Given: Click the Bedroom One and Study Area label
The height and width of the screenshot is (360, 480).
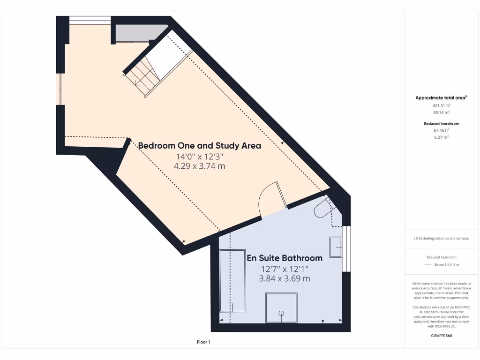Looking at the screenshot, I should [x=199, y=146].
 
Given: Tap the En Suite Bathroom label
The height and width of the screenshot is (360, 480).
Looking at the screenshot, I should [x=285, y=258].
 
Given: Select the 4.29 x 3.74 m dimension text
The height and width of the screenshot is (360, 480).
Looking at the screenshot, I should [x=199, y=166].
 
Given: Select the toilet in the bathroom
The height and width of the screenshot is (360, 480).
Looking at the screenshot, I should [x=322, y=208].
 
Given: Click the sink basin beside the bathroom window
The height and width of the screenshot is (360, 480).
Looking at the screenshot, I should [x=336, y=247].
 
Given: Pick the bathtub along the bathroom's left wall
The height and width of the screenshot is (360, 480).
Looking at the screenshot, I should [x=233, y=280].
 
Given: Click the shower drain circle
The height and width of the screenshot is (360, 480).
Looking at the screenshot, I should [x=281, y=313].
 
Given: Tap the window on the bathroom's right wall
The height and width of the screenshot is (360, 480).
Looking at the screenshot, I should [x=346, y=249].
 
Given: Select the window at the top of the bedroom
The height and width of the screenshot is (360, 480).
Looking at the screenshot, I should [x=90, y=20].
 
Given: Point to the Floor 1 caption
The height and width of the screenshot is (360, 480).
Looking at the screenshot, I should [x=203, y=342].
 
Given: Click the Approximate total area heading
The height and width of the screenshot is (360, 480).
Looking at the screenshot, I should [x=441, y=97].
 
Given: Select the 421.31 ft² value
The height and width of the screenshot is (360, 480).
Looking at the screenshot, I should [x=441, y=106].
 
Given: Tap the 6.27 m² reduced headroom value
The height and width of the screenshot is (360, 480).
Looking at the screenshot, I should [x=441, y=137].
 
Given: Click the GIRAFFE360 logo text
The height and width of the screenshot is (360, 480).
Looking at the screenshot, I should [x=441, y=336].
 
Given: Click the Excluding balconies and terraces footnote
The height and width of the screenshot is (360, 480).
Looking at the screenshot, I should [x=441, y=238].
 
